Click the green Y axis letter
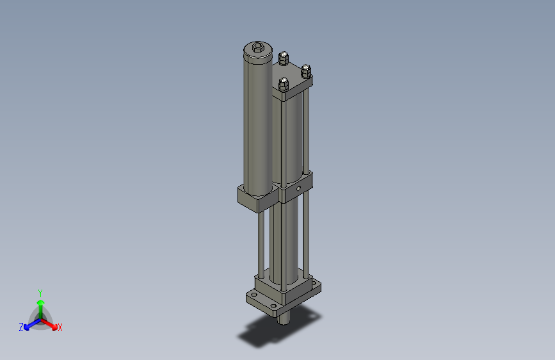pyautogui.click(x=40, y=291)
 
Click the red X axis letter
pyautogui.click(x=60, y=327)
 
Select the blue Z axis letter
pyautogui.click(x=20, y=327)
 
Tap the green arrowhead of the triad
pyautogui.click(x=40, y=301)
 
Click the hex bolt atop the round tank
pyautogui.click(x=257, y=47)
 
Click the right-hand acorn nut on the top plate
pyautogui.click(x=305, y=69)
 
